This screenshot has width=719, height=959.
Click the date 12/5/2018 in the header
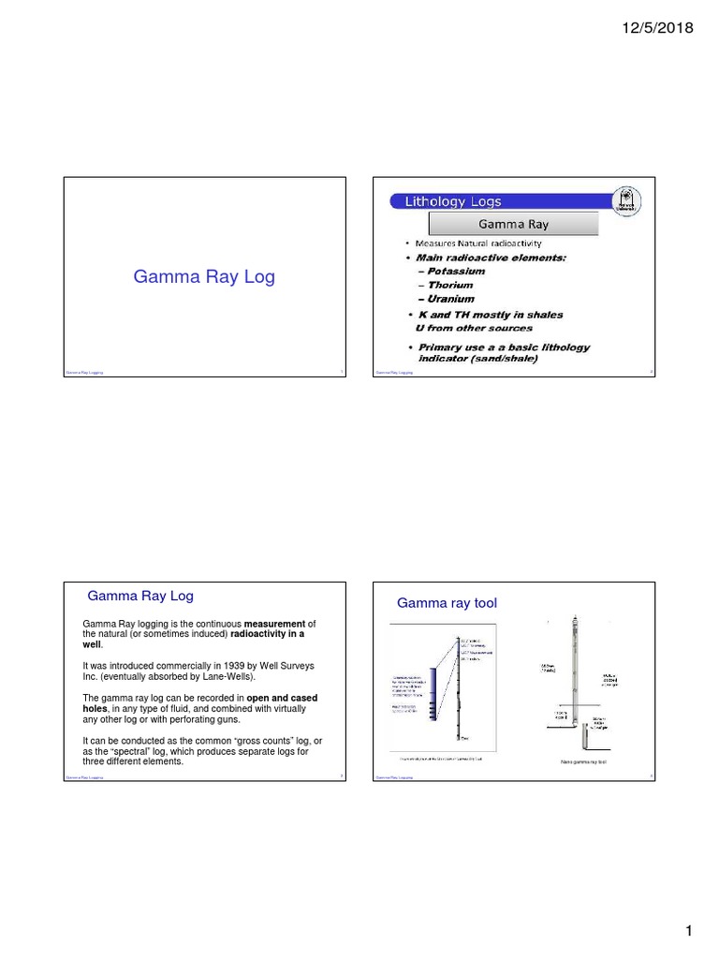pos(657,28)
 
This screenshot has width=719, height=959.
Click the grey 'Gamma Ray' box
pos(513,225)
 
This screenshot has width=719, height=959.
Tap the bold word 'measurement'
pos(275,624)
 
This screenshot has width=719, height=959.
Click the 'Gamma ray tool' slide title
pos(447,603)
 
